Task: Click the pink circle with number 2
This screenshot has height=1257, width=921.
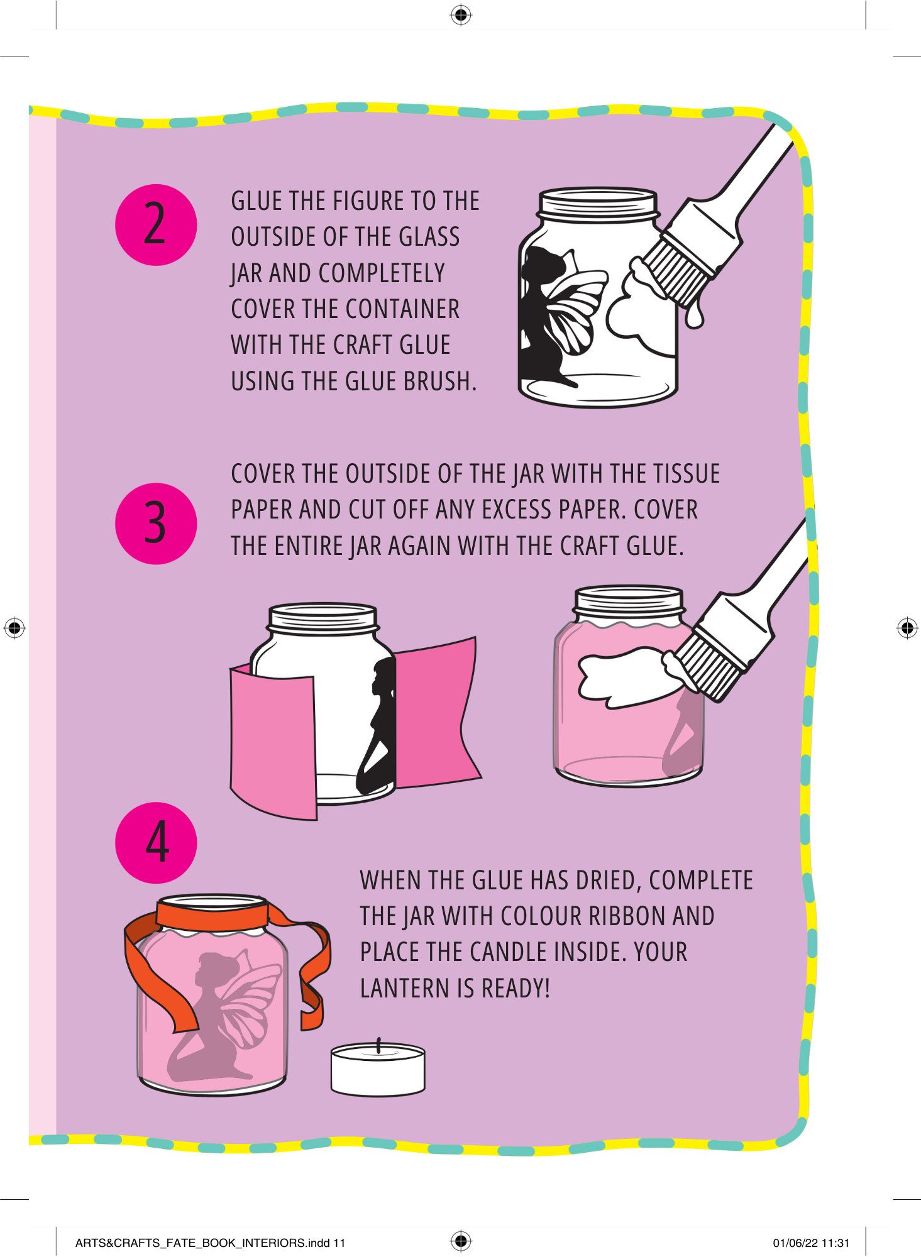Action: click(156, 224)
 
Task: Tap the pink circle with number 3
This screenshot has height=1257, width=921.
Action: click(156, 524)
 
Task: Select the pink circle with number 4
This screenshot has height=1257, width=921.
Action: click(156, 843)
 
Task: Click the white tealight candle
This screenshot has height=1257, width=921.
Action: click(378, 1070)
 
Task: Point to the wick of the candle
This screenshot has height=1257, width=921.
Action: click(378, 1046)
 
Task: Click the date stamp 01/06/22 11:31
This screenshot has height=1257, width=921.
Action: click(811, 1243)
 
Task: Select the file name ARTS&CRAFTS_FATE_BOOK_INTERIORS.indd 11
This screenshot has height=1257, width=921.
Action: click(210, 1243)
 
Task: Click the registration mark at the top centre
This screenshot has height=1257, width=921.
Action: click(461, 15)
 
